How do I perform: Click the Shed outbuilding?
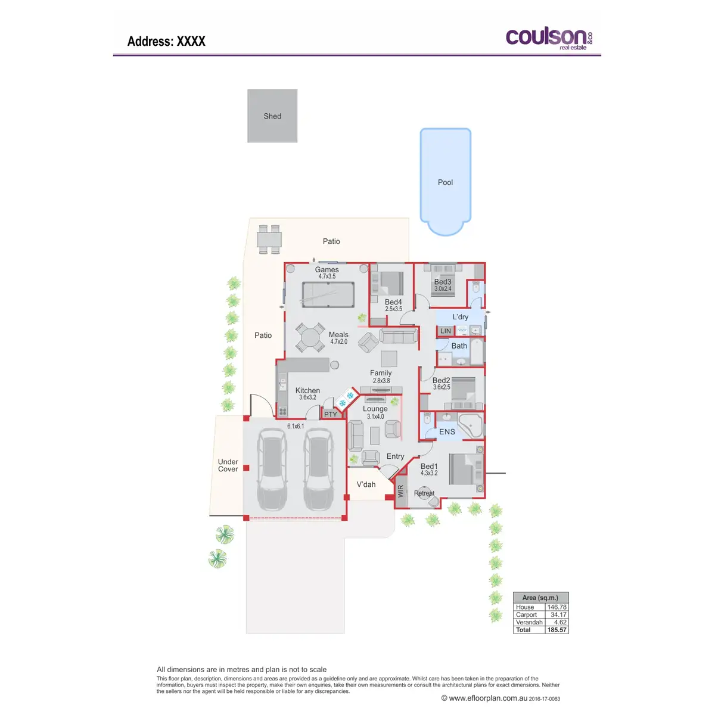click(272, 116)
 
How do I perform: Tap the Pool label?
click(445, 182)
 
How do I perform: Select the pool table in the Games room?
click(327, 294)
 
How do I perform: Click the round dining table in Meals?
click(310, 338)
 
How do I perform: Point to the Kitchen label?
click(307, 391)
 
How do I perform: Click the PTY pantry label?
click(331, 414)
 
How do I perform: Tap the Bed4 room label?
click(393, 303)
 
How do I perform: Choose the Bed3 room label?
click(443, 282)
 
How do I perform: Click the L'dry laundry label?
click(461, 317)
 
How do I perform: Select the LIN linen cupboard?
click(446, 331)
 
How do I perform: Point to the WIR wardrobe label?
click(401, 491)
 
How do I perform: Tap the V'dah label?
click(366, 484)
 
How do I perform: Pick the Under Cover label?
click(228, 465)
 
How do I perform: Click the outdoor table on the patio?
click(269, 240)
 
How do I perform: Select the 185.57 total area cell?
click(557, 630)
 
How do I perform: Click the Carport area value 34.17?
click(558, 615)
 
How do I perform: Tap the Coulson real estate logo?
click(549, 39)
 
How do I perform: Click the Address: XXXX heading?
click(166, 41)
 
